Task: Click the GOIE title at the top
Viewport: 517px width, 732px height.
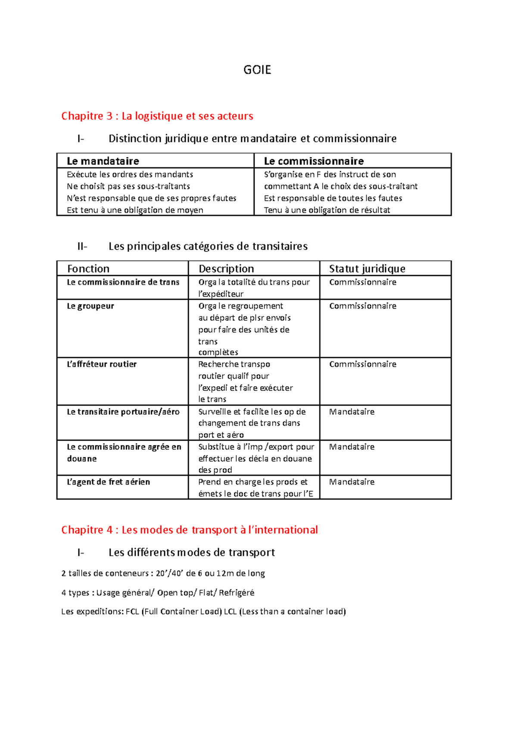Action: [257, 70]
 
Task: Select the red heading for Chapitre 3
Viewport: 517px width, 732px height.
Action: [157, 116]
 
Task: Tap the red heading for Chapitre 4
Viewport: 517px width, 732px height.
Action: [189, 530]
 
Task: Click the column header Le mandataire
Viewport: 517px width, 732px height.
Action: [103, 161]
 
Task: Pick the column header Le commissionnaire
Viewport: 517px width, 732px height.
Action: [314, 161]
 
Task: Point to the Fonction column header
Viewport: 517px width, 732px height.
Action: [88, 269]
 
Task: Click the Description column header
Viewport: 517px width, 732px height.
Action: [226, 269]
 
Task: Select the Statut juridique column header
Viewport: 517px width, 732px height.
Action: [367, 269]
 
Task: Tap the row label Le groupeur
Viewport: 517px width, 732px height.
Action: [90, 306]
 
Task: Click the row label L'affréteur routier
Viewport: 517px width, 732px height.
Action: [102, 364]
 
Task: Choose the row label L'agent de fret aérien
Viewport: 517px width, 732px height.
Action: [108, 482]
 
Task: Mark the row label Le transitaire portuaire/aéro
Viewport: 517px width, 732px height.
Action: [123, 412]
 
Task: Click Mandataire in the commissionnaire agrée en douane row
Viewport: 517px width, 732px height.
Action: [352, 447]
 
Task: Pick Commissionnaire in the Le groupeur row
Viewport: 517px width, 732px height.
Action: [363, 306]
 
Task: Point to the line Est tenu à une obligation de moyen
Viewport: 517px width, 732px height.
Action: [135, 210]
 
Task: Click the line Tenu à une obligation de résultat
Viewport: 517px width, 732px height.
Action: [327, 210]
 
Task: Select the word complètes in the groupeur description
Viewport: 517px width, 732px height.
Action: [218, 352]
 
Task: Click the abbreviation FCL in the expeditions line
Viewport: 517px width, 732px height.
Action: [132, 611]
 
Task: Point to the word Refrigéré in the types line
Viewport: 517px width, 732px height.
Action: [237, 593]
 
